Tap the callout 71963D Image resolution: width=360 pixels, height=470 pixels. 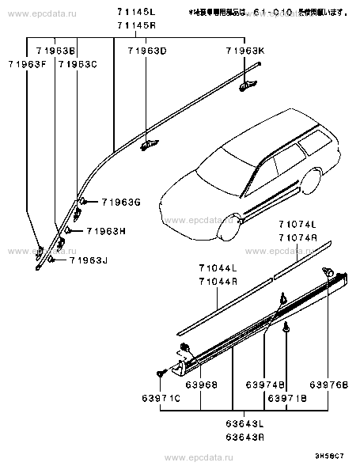(146, 51)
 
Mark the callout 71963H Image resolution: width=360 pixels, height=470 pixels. (106, 231)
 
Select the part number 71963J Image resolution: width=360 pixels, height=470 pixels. (89, 259)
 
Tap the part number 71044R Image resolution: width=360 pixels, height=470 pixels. (218, 282)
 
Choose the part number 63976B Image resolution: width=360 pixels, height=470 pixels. (325, 385)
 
